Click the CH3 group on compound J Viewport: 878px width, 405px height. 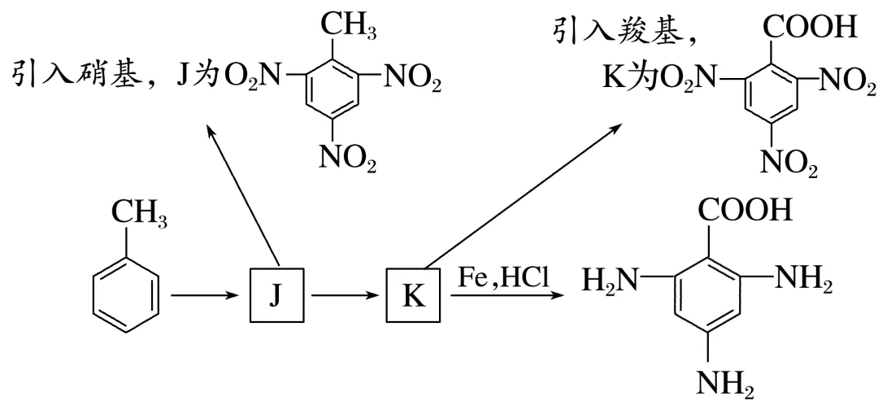point(345,24)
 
